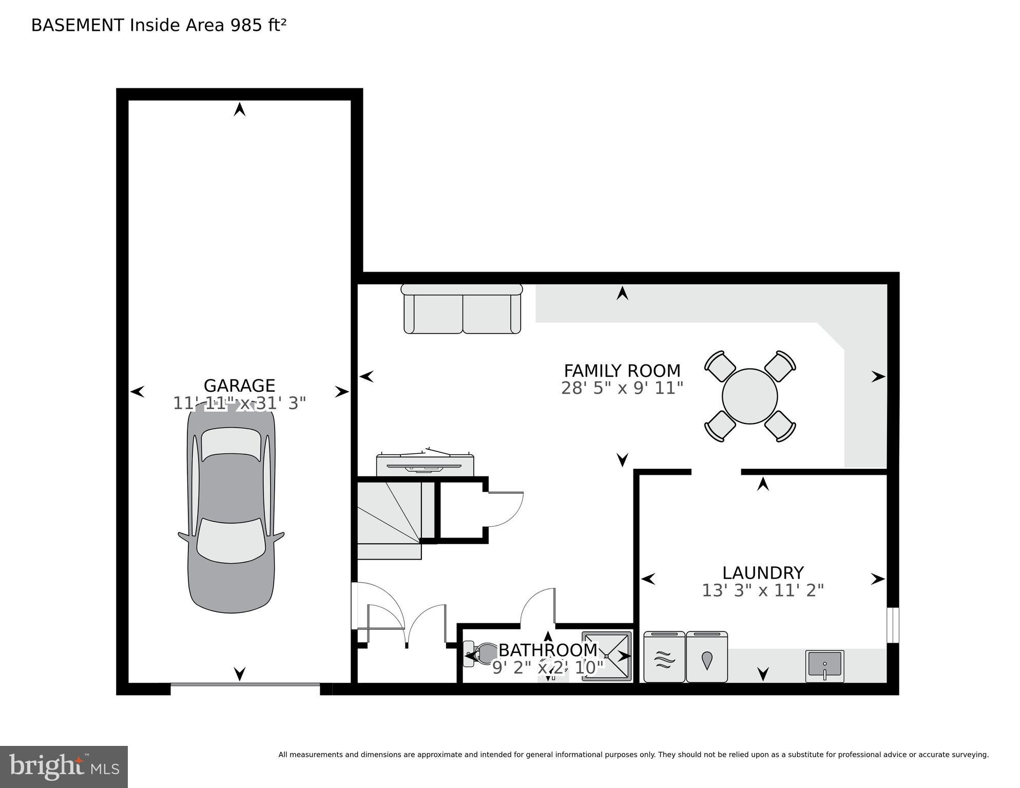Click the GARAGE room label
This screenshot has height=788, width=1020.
[239, 385]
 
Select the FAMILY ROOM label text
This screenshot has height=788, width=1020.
[622, 370]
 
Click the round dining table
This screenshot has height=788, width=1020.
[749, 396]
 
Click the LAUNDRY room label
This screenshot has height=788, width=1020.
[762, 572]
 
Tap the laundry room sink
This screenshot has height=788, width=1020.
[824, 665]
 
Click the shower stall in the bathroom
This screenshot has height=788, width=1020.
[606, 656]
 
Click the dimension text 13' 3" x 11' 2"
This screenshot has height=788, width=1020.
[762, 591]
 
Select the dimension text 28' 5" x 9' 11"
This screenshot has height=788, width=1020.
[622, 388]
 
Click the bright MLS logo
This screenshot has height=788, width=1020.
[64, 767]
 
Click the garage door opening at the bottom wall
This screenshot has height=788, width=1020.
[245, 685]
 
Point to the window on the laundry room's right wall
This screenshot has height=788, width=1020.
[894, 625]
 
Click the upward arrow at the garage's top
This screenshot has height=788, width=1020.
[240, 109]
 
